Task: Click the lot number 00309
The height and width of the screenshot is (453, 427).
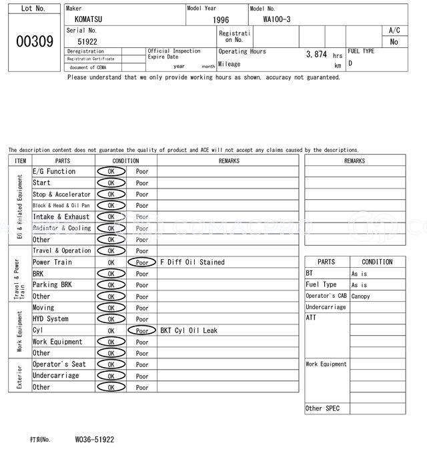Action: [34, 42]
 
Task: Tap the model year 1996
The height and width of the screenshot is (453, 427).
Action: [221, 21]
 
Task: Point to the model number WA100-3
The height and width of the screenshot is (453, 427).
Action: [276, 19]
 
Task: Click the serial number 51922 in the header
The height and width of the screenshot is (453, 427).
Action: [87, 41]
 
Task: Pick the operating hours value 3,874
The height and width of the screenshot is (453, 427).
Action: [316, 55]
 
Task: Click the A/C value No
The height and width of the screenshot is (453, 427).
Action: [394, 42]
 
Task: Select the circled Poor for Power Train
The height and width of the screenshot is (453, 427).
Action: [141, 262]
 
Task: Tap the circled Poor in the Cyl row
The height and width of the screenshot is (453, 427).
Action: [141, 330]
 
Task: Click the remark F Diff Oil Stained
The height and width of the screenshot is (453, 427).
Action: [192, 262]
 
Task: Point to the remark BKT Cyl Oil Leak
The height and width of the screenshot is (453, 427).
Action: [189, 330]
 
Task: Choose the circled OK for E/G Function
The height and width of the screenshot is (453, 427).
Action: [111, 172]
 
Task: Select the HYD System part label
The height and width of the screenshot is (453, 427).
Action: [51, 319]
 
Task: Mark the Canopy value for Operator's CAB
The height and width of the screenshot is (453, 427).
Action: [360, 296]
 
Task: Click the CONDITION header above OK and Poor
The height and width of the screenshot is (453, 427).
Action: [125, 161]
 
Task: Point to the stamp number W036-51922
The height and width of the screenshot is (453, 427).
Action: [95, 440]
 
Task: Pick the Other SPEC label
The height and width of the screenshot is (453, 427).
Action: [322, 408]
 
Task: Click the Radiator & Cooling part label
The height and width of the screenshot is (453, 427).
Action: [61, 228]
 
